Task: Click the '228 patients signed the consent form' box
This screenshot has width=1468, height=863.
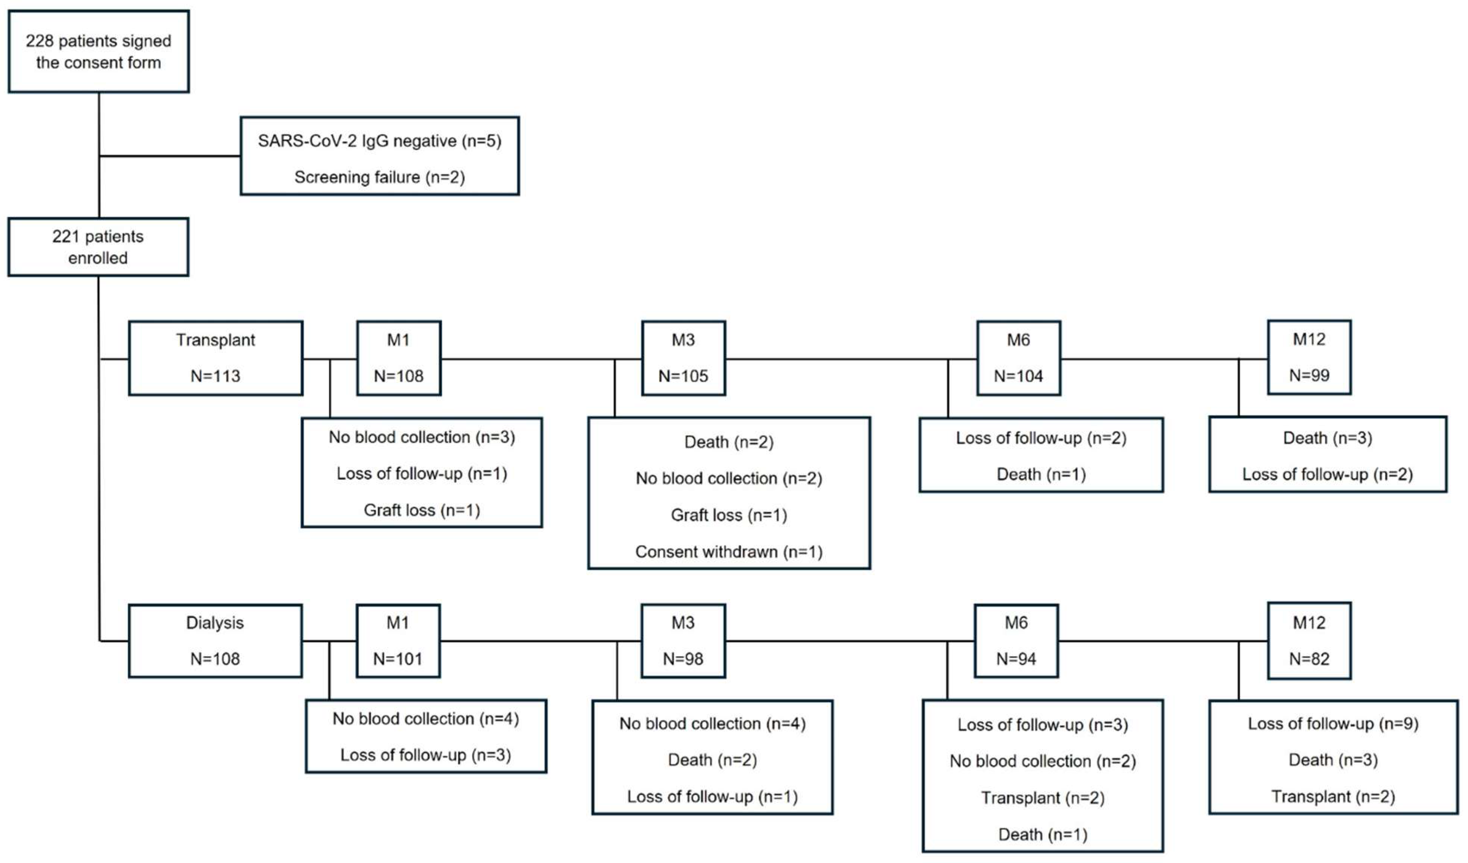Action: coord(99,51)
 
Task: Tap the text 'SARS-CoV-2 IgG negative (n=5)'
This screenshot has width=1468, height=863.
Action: coord(379,141)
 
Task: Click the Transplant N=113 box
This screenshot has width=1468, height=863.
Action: coord(216,358)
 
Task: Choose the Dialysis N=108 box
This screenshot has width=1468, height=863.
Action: coord(215,641)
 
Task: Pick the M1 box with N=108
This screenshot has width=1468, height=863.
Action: coord(398,358)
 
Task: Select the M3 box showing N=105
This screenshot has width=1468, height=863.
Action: coord(683,358)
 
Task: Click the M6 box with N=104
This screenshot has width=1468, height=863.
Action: coord(1018,358)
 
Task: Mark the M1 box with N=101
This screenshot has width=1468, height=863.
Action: coord(398,641)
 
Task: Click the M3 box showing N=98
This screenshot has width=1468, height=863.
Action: coord(683,641)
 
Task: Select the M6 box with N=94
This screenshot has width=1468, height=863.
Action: coord(1015,641)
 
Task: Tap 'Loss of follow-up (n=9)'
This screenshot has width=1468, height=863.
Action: coord(1332,723)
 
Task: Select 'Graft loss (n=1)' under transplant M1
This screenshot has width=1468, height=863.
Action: coord(422,510)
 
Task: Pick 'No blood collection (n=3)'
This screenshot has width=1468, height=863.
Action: coord(422,436)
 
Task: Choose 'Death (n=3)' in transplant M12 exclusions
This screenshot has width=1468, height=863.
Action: coord(1327,438)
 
